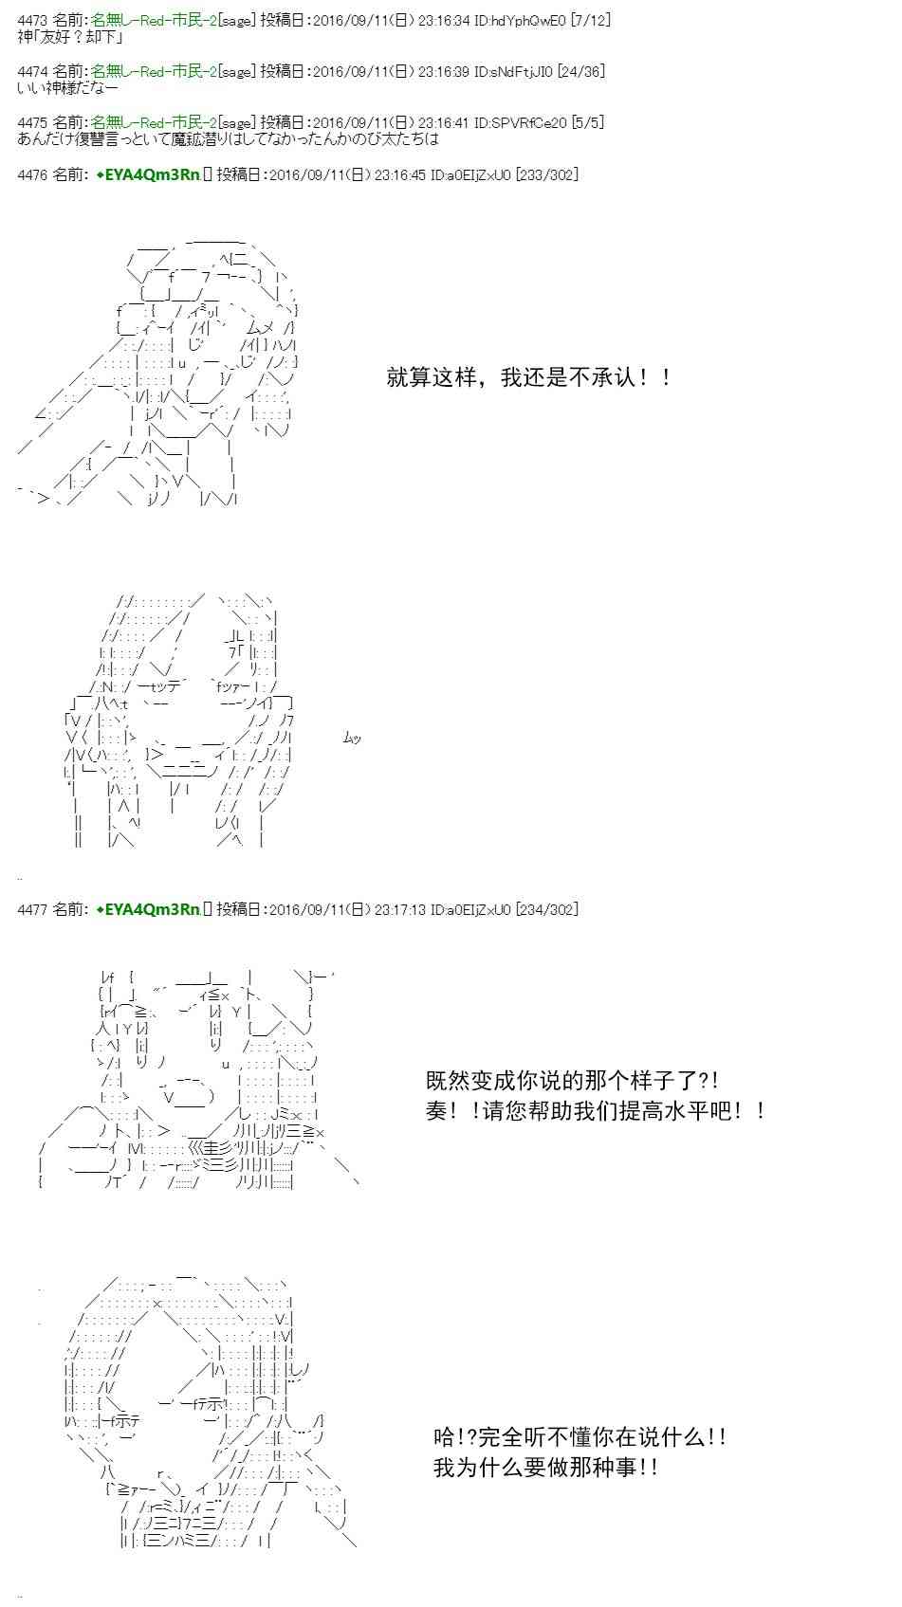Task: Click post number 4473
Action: [x=32, y=20]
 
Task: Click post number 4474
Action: [x=32, y=71]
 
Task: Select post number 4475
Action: [x=32, y=122]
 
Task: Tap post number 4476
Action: [x=32, y=174]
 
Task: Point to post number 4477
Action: [x=32, y=909]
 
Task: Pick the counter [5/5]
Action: [x=587, y=122]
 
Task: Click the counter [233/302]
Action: [x=546, y=174]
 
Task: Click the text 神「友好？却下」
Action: [x=70, y=37]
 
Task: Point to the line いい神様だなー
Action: [x=67, y=88]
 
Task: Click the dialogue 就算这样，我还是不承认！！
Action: [x=529, y=377]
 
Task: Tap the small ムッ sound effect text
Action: [x=352, y=737]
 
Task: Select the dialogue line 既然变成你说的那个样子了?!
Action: [x=572, y=1080]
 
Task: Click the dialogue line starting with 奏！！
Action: [x=596, y=1110]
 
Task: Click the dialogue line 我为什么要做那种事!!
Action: [x=545, y=1468]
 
